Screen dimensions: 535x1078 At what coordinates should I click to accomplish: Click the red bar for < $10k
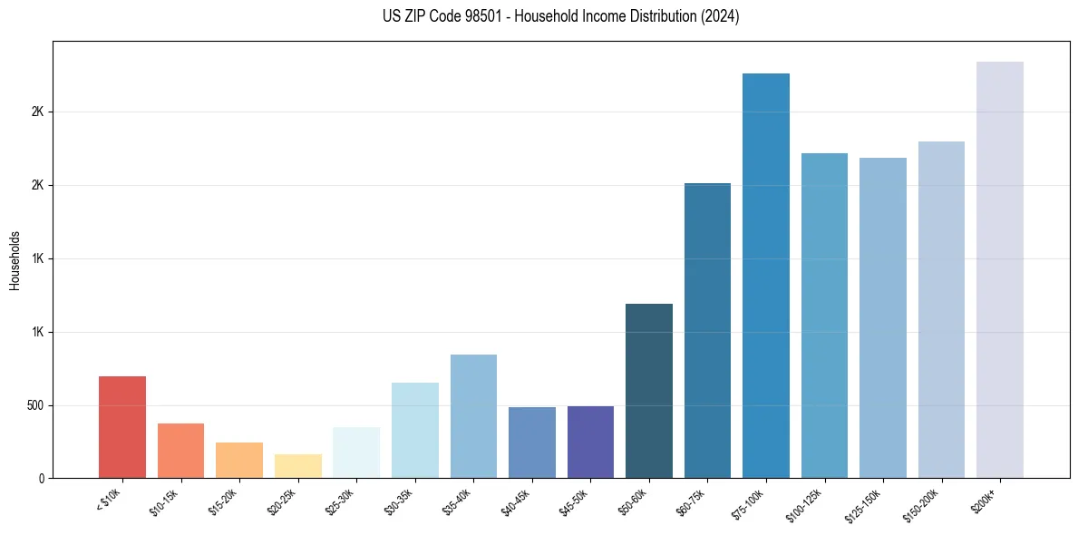pos(122,427)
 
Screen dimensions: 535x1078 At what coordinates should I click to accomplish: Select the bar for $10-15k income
pos(180,451)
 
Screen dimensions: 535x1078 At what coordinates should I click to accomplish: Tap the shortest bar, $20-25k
pos(297,466)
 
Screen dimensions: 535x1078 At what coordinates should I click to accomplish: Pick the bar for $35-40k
pos(473,416)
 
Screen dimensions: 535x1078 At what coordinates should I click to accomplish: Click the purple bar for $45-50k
pos(590,442)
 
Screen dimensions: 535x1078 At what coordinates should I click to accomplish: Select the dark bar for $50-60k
pos(649,391)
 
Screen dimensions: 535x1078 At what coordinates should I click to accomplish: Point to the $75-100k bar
pos(766,276)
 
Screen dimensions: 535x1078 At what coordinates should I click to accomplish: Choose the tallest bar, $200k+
pos(1000,269)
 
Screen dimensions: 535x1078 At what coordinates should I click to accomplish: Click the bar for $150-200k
pos(941,309)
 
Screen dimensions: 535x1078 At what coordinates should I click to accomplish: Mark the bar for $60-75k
pos(707,330)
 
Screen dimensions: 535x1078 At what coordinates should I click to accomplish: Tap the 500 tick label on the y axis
pos(34,405)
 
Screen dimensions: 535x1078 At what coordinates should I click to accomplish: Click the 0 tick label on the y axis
pos(42,479)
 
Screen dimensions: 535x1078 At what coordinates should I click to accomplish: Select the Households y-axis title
pos(15,259)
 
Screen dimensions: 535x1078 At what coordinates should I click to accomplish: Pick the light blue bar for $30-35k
pos(414,430)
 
